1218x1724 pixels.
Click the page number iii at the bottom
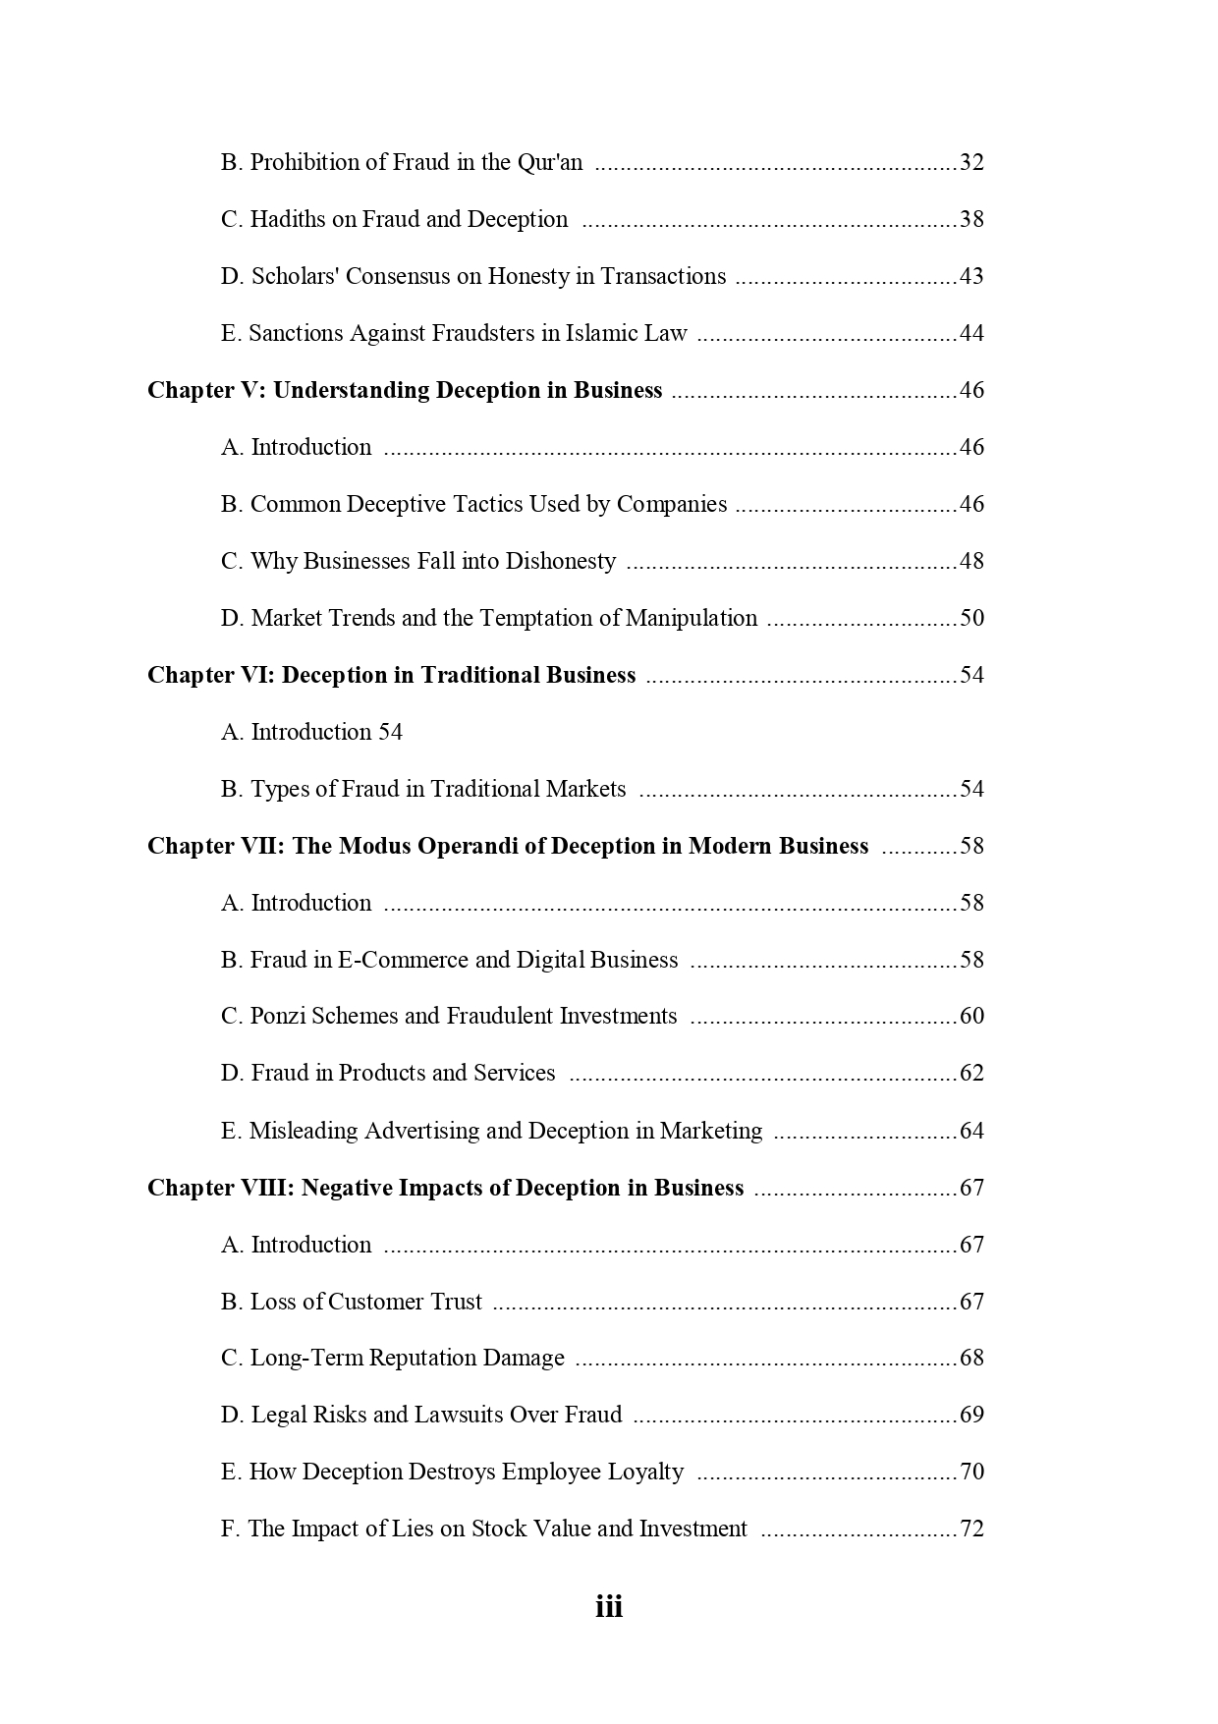(609, 1607)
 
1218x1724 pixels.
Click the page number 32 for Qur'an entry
(971, 162)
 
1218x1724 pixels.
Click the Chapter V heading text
(405, 390)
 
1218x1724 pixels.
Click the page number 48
(971, 561)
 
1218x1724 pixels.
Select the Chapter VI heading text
(391, 675)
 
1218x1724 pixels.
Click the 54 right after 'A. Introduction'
(390, 732)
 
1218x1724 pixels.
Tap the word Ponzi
(279, 1016)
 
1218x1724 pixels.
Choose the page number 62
(971, 1073)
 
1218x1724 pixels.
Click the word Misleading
(304, 1131)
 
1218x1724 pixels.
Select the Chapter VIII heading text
(445, 1188)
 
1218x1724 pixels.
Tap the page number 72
(971, 1529)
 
